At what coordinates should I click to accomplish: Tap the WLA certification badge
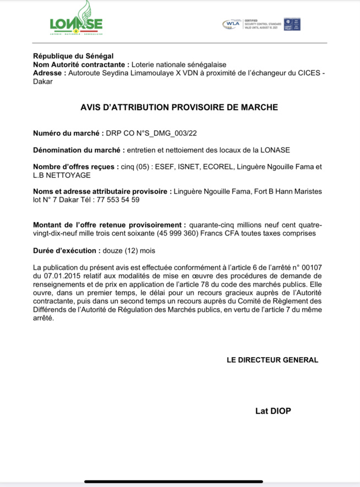[x=231, y=24]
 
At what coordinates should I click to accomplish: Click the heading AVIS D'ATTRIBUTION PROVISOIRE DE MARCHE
[x=179, y=107]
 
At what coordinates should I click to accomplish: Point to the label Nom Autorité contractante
[x=81, y=64]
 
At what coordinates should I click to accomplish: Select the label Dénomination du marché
[x=77, y=150]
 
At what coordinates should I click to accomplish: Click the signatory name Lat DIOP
[x=273, y=411]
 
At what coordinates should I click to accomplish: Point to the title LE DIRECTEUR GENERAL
[x=272, y=360]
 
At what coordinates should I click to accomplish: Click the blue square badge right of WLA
[x=292, y=24]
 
